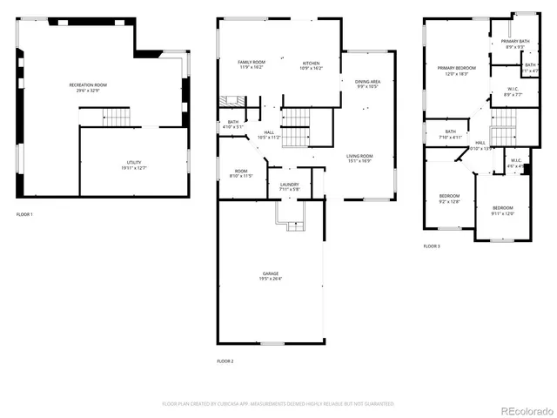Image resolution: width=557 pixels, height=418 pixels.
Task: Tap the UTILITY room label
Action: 133,163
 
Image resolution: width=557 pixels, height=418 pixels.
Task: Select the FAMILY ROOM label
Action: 252,62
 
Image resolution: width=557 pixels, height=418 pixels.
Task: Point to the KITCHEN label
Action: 311,63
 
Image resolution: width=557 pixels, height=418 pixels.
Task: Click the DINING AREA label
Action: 367,82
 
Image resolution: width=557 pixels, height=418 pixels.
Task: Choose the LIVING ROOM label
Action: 359,156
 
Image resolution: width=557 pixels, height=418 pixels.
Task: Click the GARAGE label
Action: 271,273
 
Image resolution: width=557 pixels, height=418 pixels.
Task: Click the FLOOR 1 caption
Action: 24,214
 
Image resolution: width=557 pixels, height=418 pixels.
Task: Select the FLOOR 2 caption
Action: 225,361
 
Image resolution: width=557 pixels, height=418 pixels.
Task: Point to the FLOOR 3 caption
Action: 432,246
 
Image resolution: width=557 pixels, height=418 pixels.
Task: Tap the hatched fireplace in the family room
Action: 229,101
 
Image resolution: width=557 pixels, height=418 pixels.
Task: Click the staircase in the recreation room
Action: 104,117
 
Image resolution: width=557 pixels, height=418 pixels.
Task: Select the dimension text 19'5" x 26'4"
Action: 271,279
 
